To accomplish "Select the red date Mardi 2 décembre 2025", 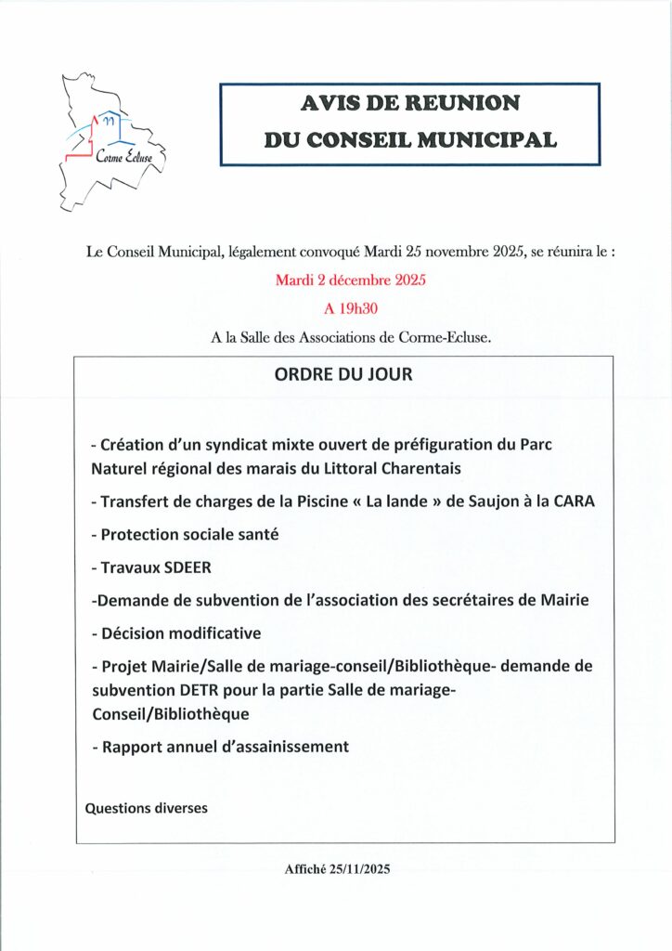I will pos(350,280).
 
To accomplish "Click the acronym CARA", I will pos(572,502).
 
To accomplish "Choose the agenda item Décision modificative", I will pos(176,632).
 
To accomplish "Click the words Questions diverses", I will pos(147,808).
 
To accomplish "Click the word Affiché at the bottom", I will pos(307,870).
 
